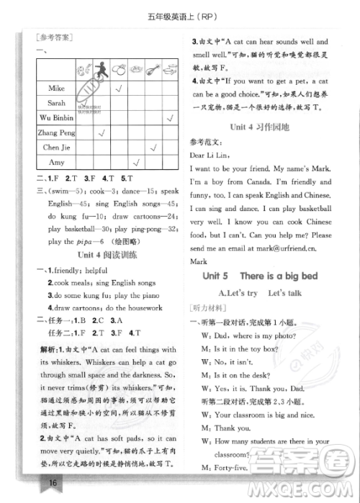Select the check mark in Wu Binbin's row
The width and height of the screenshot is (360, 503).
(168, 118)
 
